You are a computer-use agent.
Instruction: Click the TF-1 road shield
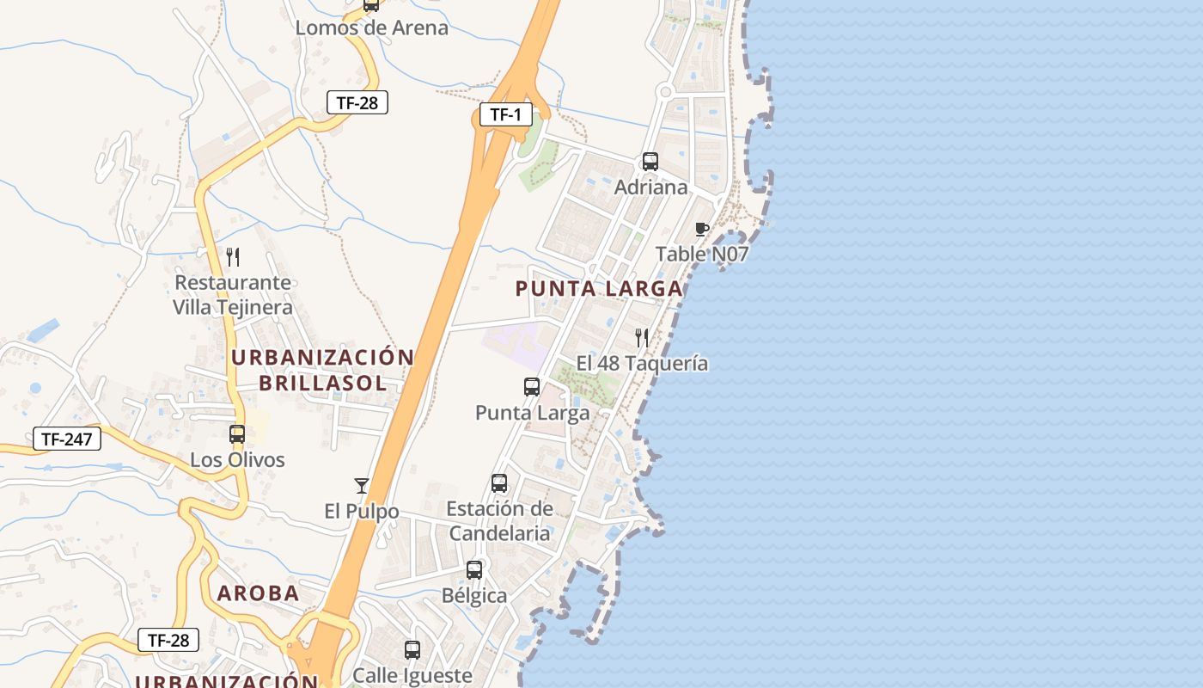click(506, 114)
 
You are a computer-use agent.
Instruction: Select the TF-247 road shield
click(67, 439)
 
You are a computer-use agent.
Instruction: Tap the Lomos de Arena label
click(371, 28)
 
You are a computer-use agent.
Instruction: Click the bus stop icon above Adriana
click(650, 162)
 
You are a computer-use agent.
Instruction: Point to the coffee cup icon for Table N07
click(702, 229)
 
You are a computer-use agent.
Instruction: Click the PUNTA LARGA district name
click(599, 289)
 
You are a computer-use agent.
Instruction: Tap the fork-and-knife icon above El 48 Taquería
click(642, 337)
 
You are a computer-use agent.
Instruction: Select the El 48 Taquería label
click(642, 363)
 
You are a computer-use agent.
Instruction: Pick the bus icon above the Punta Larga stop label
click(532, 387)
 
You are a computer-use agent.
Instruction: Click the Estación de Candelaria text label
click(499, 520)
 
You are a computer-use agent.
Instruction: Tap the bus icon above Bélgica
click(474, 569)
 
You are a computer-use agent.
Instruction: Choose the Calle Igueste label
click(412, 675)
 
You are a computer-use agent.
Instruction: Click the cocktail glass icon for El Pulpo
click(362, 486)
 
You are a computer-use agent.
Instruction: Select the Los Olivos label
click(237, 460)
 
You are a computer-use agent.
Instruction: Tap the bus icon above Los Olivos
click(237, 434)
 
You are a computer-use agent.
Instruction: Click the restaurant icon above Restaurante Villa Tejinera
click(233, 256)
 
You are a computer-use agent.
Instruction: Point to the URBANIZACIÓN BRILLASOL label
click(323, 370)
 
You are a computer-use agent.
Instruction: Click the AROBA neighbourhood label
click(258, 593)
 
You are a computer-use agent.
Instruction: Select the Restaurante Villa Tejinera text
click(233, 294)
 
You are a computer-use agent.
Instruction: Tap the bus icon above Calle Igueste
click(412, 650)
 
